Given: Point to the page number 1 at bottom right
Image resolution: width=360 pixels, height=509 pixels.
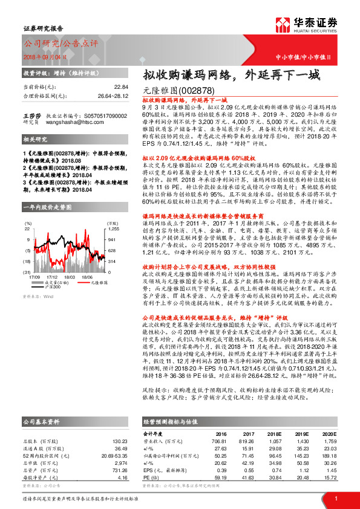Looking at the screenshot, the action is (x=335, y=498).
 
